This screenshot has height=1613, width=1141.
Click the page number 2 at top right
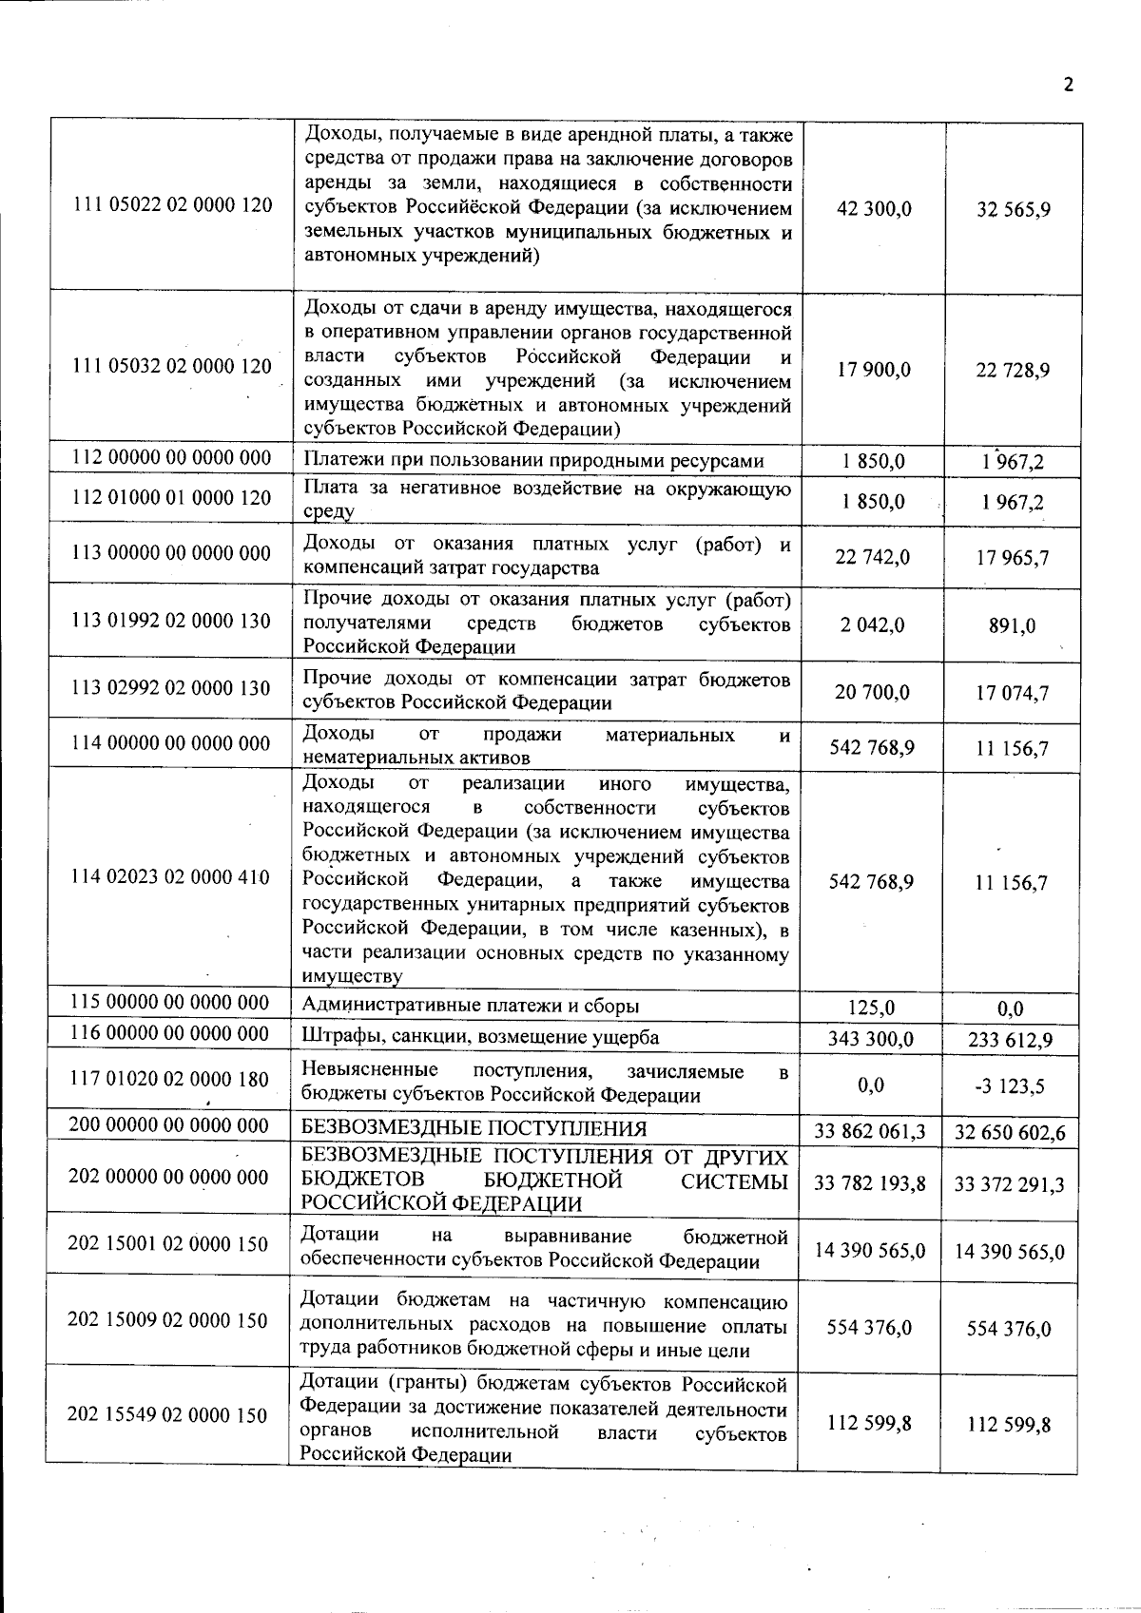(x=1068, y=85)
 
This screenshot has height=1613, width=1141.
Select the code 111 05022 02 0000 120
(x=172, y=205)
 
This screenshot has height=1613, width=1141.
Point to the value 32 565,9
(x=1013, y=209)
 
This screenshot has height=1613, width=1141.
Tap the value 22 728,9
(x=1013, y=371)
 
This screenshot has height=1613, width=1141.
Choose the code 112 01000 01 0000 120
(x=172, y=497)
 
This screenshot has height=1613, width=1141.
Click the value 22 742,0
(x=872, y=557)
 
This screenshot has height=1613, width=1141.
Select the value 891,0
(x=1013, y=626)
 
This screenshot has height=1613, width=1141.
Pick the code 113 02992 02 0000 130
(x=171, y=688)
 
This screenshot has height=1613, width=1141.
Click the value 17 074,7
(x=1013, y=693)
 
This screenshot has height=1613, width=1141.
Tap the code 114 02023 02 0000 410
(x=171, y=876)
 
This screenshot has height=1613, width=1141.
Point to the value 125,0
(x=871, y=1008)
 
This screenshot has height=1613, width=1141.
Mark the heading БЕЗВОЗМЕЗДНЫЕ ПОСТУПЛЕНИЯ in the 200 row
(x=474, y=1128)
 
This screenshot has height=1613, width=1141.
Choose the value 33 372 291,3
(x=1009, y=1183)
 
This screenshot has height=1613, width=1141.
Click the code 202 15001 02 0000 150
(x=168, y=1243)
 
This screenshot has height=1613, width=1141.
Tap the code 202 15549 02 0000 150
(x=167, y=1415)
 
